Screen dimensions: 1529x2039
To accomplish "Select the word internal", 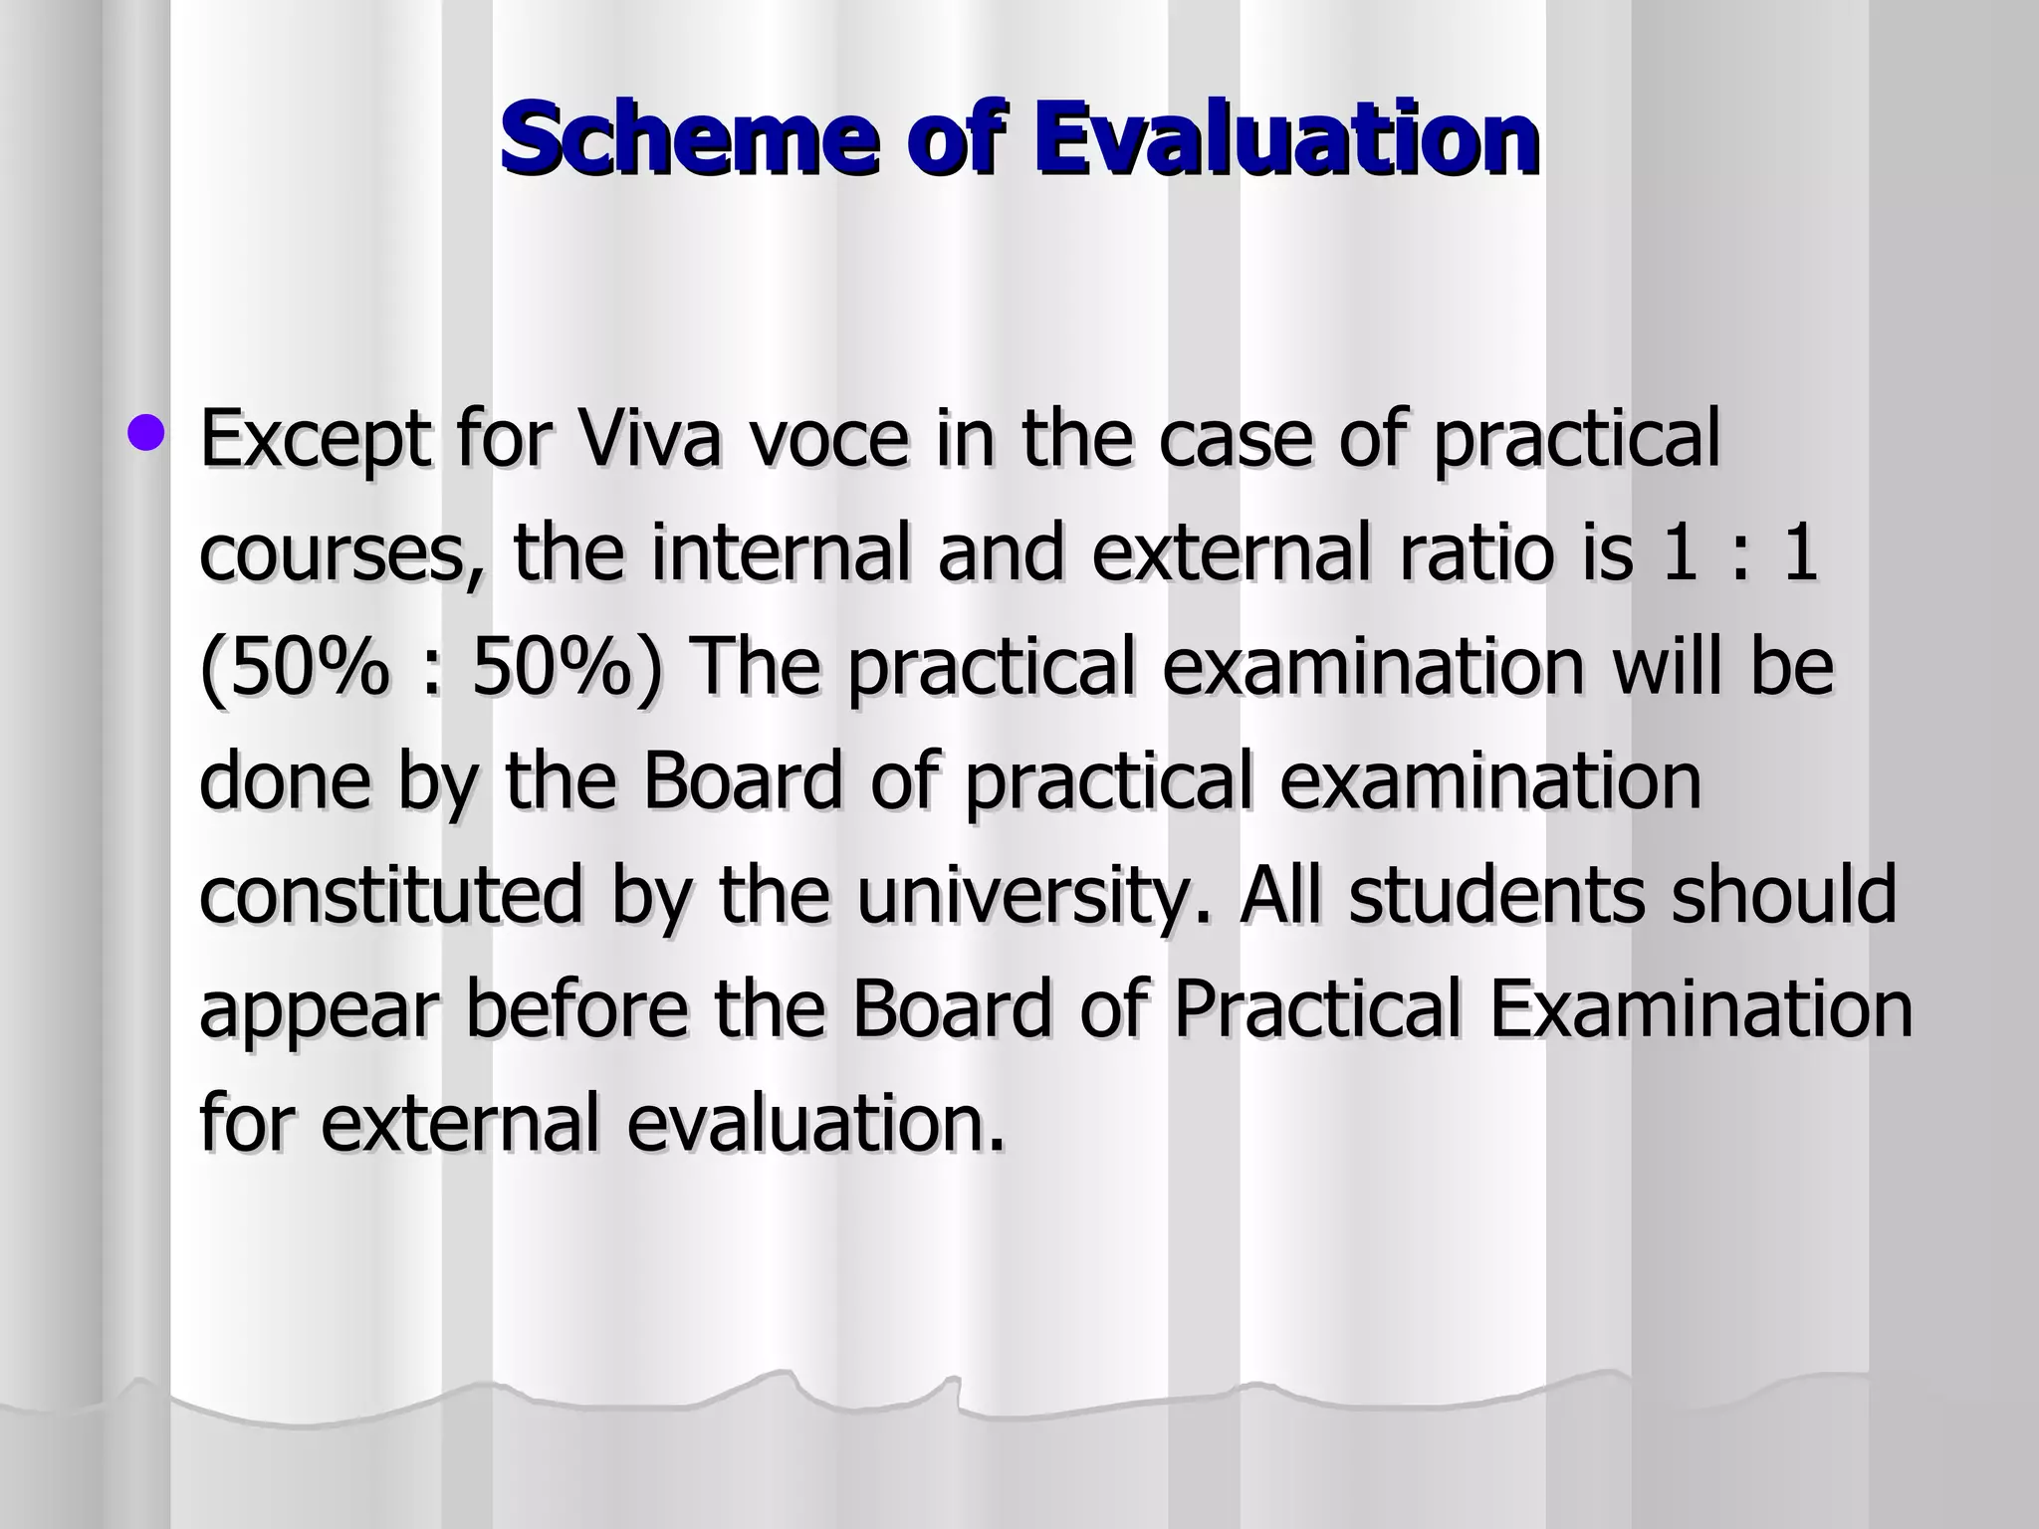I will coord(781,553).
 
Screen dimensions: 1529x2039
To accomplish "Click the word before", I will coord(576,1008).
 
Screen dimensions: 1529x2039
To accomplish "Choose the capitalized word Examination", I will coord(1701,1008).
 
